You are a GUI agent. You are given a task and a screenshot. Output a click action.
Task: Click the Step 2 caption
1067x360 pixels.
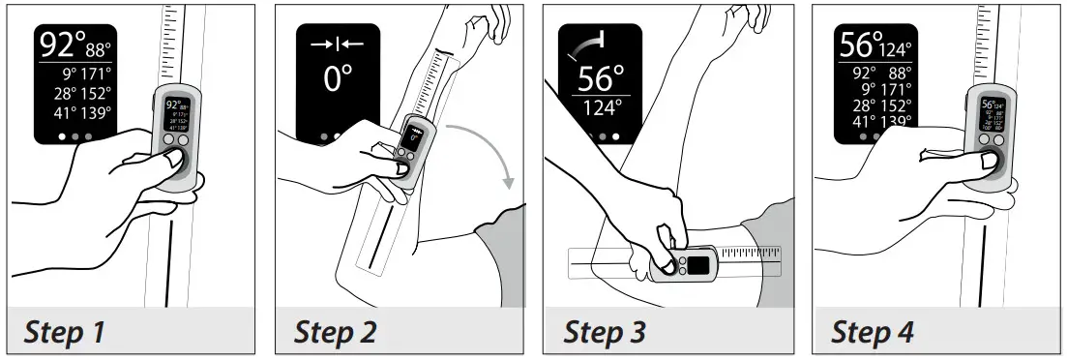click(x=335, y=332)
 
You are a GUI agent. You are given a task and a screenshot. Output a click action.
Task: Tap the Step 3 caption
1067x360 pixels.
click(x=605, y=332)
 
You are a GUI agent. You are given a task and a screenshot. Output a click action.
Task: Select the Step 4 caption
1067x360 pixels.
click(x=873, y=332)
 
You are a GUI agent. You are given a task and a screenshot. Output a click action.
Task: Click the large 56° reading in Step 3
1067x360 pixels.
click(x=600, y=79)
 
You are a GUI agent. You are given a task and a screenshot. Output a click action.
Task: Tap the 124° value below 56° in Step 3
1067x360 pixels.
click(x=601, y=107)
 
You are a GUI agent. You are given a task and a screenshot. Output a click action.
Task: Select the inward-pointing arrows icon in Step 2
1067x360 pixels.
click(x=338, y=45)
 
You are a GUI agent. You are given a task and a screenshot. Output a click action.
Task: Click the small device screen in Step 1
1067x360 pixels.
click(x=177, y=114)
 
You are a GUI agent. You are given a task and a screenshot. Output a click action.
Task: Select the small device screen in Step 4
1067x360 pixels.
click(x=993, y=114)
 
